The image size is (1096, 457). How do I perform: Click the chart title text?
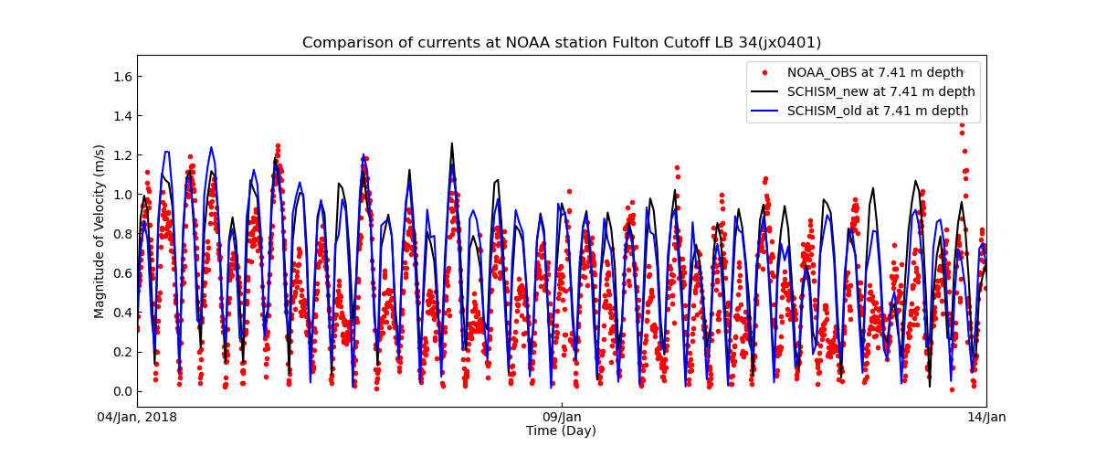click(x=562, y=43)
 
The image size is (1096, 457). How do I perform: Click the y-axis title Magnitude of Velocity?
click(x=100, y=231)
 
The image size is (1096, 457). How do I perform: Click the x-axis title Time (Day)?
click(x=561, y=431)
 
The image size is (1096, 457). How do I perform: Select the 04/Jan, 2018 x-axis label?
click(x=137, y=418)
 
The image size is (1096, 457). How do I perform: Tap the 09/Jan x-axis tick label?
click(x=562, y=418)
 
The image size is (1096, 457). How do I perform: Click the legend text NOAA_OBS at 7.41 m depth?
click(x=875, y=72)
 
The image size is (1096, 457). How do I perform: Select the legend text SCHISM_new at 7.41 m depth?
click(x=880, y=91)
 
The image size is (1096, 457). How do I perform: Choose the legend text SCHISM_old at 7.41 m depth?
click(x=878, y=111)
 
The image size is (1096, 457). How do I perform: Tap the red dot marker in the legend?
click(x=765, y=72)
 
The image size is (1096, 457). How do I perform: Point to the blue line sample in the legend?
click(x=765, y=111)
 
